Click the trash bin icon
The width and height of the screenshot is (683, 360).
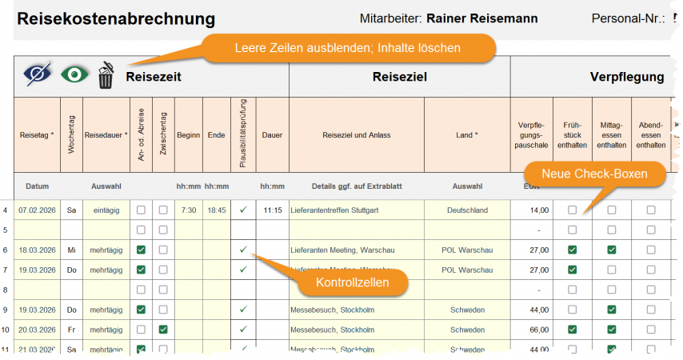pyautogui.click(x=106, y=76)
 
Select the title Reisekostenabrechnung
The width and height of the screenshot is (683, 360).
pyautogui.click(x=116, y=18)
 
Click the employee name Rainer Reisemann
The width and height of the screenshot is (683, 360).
pyautogui.click(x=482, y=18)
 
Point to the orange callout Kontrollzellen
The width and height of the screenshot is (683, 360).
pyautogui.click(x=351, y=282)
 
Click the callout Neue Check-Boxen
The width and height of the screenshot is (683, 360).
pyautogui.click(x=595, y=174)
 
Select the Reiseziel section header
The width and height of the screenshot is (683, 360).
pyautogui.click(x=400, y=77)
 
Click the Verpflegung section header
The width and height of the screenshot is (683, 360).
pyautogui.click(x=627, y=77)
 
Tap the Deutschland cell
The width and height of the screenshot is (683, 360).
pyautogui.click(x=467, y=210)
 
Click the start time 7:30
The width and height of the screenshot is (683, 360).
pyautogui.click(x=188, y=210)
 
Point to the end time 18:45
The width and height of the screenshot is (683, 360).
pyautogui.click(x=216, y=210)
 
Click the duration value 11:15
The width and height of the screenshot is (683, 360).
pyautogui.click(x=272, y=210)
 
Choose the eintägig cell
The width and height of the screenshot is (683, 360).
pyautogui.click(x=106, y=210)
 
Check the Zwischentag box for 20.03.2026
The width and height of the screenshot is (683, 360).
pyautogui.click(x=163, y=330)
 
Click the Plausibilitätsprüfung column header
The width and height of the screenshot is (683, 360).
pyautogui.click(x=243, y=134)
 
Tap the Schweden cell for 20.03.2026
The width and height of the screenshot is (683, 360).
pyautogui.click(x=467, y=330)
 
